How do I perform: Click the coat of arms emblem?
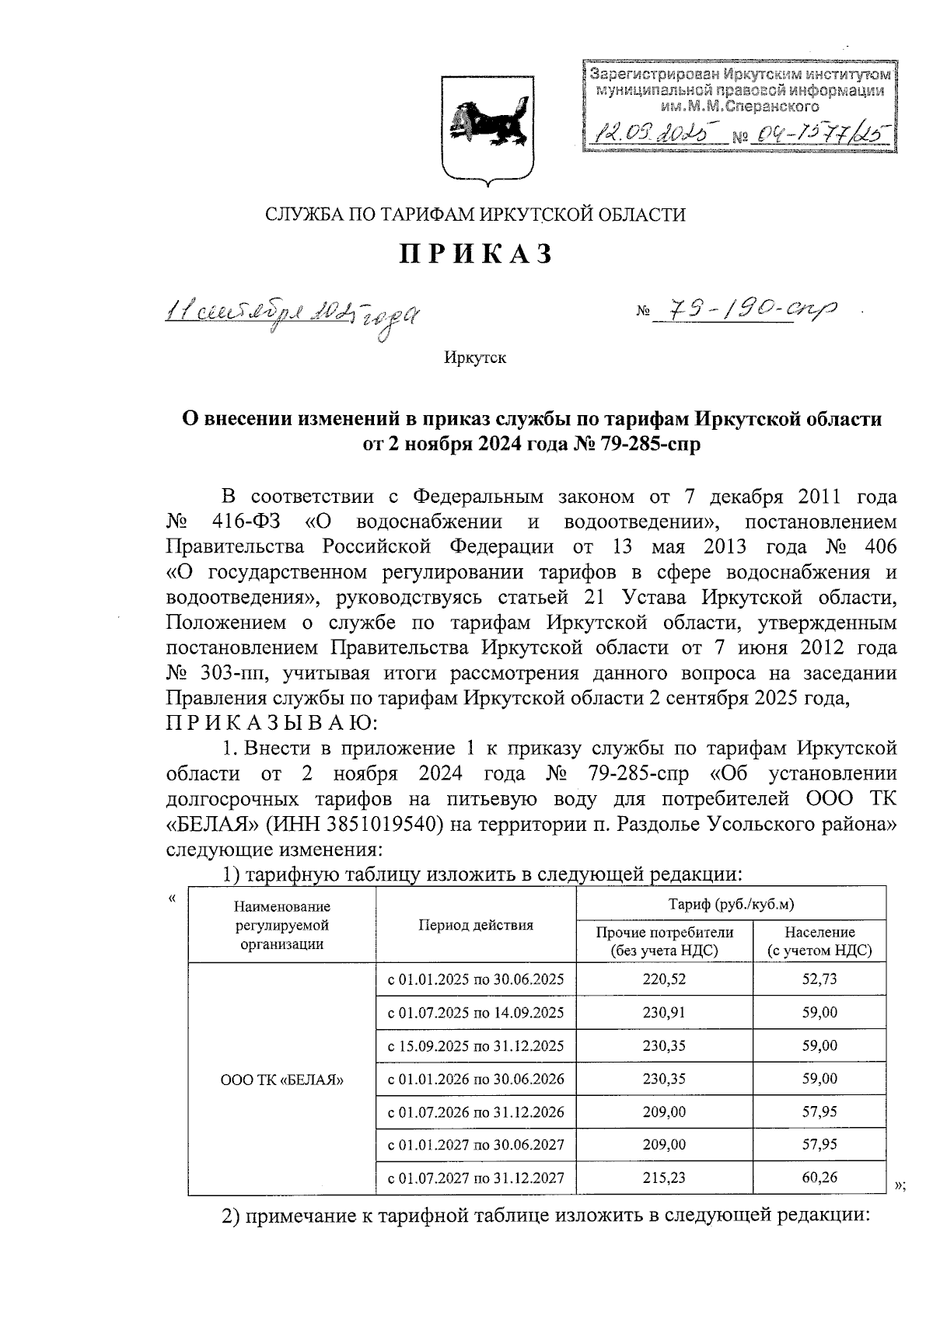[487, 128]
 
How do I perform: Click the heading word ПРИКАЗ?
[476, 254]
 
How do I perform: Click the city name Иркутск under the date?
[475, 358]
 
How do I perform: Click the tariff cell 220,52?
[664, 980]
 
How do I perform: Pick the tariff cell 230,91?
[664, 1013]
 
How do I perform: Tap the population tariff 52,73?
[819, 980]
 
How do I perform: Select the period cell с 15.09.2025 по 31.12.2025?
[476, 1046]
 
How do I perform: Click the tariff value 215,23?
[664, 1178]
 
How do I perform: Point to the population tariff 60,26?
[819, 1178]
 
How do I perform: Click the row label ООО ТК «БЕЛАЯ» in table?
[281, 1080]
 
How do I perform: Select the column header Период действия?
[476, 925]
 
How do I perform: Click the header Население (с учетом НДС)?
[819, 940]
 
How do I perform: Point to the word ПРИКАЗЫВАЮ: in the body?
[272, 723]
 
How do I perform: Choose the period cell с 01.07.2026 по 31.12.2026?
[476, 1112]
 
